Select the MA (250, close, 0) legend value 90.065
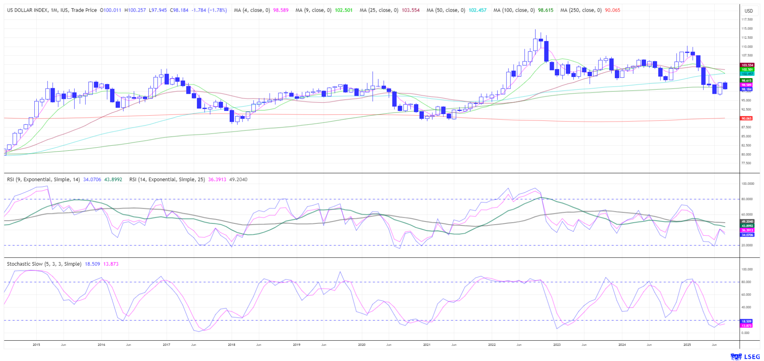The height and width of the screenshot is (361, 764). pos(612,10)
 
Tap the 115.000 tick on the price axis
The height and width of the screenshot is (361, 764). pos(747,29)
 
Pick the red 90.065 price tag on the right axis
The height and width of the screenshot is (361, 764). pos(746,118)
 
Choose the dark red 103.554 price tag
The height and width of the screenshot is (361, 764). pos(747,65)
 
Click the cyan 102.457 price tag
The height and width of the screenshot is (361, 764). pos(747,74)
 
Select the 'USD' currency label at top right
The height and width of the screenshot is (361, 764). pos(749,11)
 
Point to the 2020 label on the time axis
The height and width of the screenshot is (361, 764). pos(362,345)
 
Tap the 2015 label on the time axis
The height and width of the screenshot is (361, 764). pos(36,345)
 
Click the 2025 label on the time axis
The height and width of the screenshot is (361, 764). pos(687,345)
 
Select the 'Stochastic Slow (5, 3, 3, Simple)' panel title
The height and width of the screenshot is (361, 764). pos(44,264)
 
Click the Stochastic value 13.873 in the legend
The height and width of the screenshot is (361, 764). pos(111,264)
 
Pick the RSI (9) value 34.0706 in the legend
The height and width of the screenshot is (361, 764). pos(92,180)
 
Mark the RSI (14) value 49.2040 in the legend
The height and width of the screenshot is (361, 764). pos(238,180)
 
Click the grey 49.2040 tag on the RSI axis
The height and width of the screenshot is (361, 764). pos(747,221)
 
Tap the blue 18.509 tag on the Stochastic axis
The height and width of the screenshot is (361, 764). pos(746,321)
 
